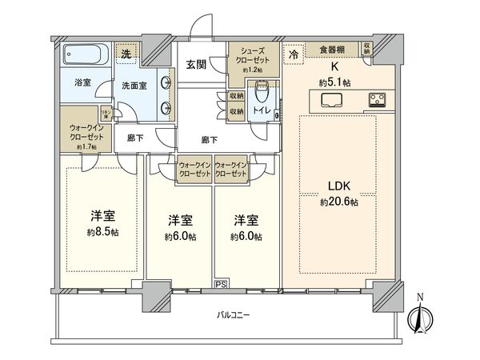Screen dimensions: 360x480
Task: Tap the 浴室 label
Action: pos(83,82)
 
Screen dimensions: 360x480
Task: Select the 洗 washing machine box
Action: pos(126,53)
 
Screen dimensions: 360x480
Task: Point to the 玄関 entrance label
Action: pos(196,65)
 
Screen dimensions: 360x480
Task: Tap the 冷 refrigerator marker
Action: pos(294,54)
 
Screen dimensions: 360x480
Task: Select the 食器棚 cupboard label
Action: pos(334,48)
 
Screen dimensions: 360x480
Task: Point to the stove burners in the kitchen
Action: pos(376,101)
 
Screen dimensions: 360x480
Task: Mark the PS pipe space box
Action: pos(220,283)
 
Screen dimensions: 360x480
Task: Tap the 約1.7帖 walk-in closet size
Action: pos(86,147)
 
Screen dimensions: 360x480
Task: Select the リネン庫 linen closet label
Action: pos(105,114)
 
